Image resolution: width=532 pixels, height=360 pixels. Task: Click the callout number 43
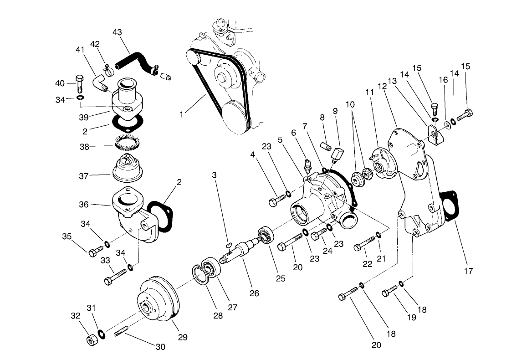coord(117,33)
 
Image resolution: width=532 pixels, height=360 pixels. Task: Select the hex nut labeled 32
coord(92,339)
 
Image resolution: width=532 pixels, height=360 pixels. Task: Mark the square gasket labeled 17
coord(450,207)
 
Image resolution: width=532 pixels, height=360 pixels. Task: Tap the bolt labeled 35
coord(96,251)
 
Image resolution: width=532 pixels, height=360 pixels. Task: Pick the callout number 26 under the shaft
coord(254,293)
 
